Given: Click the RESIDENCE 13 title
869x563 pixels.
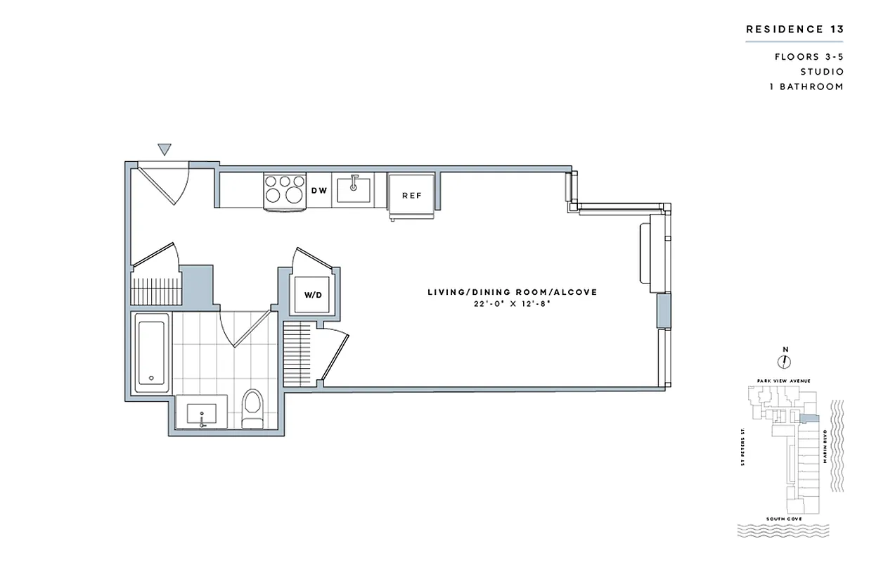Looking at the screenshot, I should (x=794, y=30).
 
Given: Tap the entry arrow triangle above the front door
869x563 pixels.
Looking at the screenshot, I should (x=165, y=148).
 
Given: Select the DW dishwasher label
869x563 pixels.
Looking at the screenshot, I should (x=318, y=191).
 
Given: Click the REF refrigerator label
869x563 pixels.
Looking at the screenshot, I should (x=411, y=195).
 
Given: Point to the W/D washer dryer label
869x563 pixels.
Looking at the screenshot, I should (x=312, y=295).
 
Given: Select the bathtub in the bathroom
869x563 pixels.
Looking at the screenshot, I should (x=151, y=352).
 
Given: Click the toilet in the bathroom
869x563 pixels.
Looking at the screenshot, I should (x=251, y=409).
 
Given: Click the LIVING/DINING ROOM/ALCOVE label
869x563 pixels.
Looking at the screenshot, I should (x=513, y=292).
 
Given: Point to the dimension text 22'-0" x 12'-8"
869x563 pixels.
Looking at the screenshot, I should (x=513, y=304).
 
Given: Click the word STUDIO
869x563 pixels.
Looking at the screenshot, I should (x=822, y=72).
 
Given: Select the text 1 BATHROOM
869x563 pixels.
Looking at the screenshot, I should (x=809, y=87).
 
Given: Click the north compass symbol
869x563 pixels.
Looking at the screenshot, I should (x=785, y=361).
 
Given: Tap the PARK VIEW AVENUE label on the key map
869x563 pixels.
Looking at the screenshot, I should (x=784, y=381).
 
